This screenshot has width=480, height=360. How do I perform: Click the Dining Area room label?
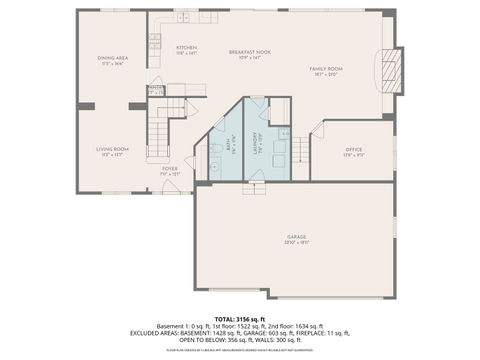(112, 59)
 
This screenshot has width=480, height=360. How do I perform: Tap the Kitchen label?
(186, 48)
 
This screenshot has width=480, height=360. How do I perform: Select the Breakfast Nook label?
(250, 52)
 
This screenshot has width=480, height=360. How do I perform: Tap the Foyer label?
(170, 169)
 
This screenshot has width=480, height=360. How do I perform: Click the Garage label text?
(296, 238)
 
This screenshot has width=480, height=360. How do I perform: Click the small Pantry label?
(156, 89)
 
